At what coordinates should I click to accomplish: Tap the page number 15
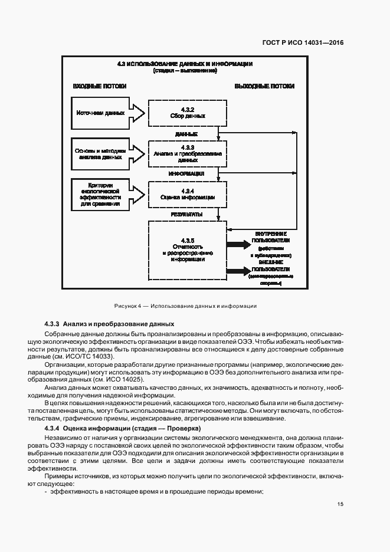click(x=340, y=504)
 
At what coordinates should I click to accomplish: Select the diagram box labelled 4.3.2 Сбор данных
click(x=186, y=113)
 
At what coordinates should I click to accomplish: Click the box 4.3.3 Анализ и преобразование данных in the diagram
click(x=186, y=153)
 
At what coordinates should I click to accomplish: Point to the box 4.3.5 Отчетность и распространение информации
click(x=186, y=251)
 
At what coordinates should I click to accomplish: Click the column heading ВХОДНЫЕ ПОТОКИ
click(x=99, y=86)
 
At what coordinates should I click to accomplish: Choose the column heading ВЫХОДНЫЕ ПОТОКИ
click(x=264, y=86)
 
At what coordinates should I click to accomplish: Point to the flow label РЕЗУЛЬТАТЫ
click(x=186, y=214)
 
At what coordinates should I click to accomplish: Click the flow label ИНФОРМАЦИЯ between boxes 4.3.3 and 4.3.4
click(x=186, y=174)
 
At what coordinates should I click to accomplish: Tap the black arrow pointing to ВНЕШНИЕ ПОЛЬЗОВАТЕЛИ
click(x=238, y=271)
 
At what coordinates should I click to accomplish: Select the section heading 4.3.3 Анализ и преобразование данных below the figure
click(x=109, y=324)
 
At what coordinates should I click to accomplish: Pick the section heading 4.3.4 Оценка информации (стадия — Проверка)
click(x=123, y=428)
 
